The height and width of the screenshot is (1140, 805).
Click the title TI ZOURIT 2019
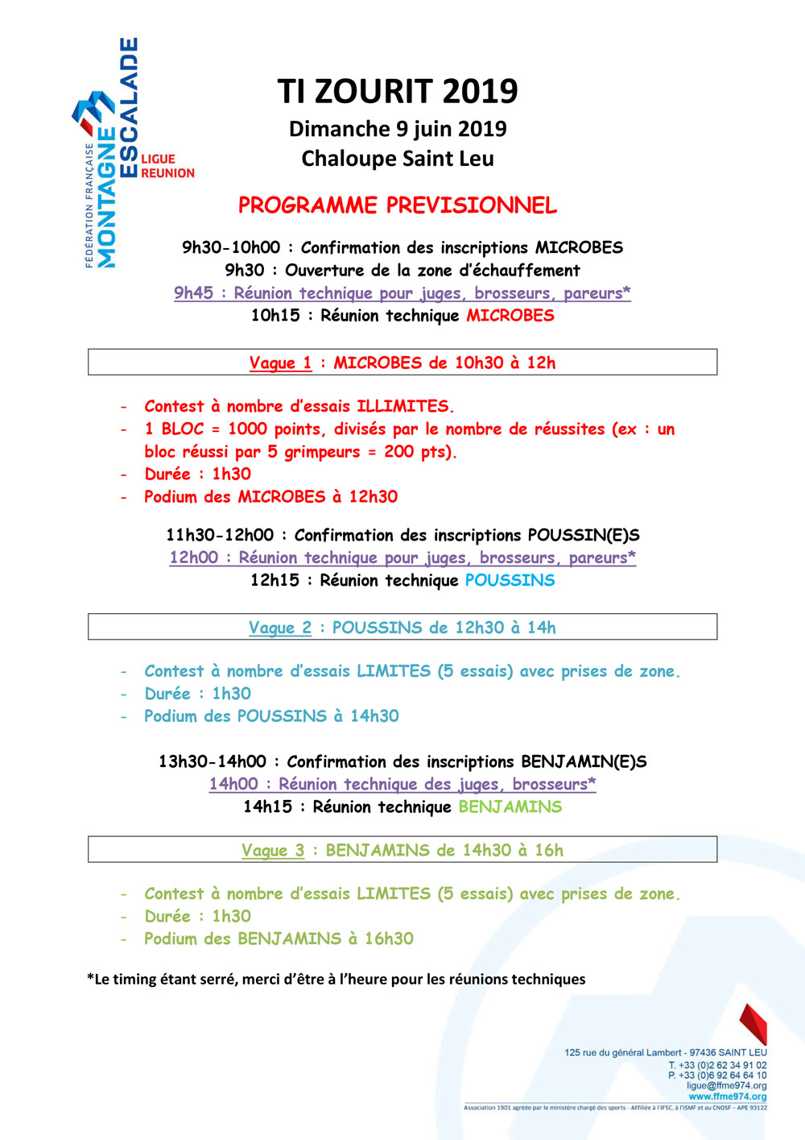point(398,92)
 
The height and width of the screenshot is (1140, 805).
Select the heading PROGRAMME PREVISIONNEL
point(398,205)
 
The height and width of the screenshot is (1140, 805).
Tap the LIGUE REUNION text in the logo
point(167,166)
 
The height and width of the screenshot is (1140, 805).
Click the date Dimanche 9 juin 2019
point(398,129)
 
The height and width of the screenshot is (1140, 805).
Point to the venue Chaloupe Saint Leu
point(398,159)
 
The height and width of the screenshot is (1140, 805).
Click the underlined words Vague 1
point(280,363)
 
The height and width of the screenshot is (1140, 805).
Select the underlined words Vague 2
point(280,628)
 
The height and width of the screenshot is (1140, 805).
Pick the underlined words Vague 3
point(273,850)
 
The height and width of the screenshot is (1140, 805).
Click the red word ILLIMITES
point(403,406)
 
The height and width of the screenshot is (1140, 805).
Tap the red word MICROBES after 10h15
point(510,315)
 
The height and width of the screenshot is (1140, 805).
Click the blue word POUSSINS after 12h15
point(510,580)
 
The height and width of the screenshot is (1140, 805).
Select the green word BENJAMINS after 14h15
point(510,806)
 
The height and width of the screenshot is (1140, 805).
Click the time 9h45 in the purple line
point(193,293)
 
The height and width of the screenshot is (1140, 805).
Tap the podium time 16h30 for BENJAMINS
point(389,939)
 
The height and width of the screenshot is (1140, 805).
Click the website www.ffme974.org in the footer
point(728,1096)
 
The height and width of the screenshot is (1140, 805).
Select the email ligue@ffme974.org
point(726,1086)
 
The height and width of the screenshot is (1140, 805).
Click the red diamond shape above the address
point(753,1024)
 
